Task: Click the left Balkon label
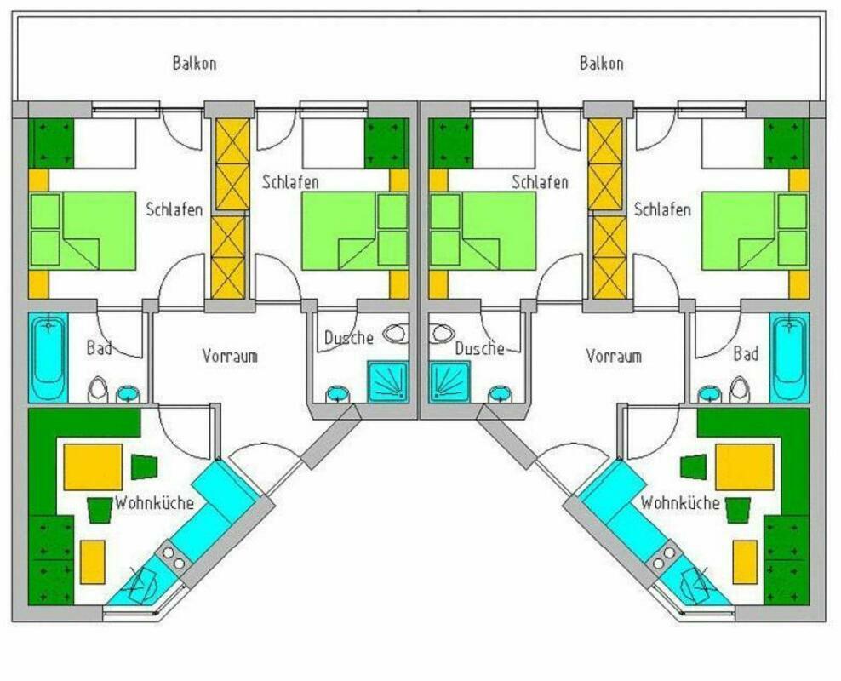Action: click(194, 63)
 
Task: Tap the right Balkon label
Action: click(601, 63)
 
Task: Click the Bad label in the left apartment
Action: click(100, 347)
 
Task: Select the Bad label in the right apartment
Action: click(746, 353)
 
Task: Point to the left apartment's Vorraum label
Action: click(230, 356)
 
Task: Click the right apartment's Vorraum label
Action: click(614, 356)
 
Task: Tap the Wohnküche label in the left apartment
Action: click(154, 503)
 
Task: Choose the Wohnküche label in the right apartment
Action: click(680, 503)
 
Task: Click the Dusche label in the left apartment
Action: click(349, 337)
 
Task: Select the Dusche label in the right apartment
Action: click(479, 348)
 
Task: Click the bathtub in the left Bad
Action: click(49, 358)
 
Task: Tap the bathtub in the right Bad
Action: click(790, 358)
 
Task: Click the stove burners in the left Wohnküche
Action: click(174, 557)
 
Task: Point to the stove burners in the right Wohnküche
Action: click(664, 557)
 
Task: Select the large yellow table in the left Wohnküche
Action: click(93, 466)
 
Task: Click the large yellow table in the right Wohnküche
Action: click(745, 466)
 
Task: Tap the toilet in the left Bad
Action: click(98, 389)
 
